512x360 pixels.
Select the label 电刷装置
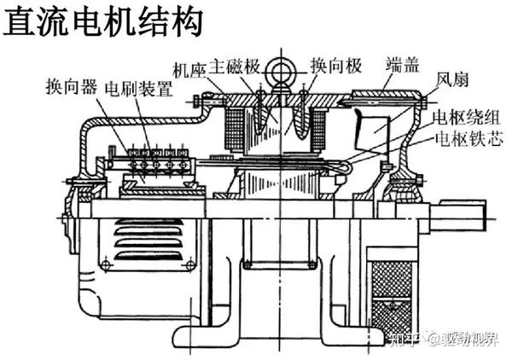coord(138,87)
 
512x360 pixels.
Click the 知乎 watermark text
coord(379,340)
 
